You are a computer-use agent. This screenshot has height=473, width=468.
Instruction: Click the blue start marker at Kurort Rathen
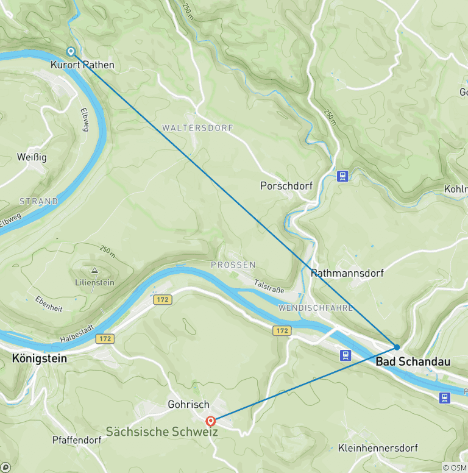click(x=71, y=52)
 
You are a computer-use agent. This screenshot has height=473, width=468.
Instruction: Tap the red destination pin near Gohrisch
click(x=211, y=421)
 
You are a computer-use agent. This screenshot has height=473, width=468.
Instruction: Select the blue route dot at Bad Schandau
click(x=397, y=347)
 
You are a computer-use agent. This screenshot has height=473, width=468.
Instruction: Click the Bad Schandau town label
click(x=413, y=362)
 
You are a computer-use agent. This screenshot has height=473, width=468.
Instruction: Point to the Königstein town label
click(x=40, y=358)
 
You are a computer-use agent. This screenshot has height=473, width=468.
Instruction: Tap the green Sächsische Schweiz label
click(x=162, y=432)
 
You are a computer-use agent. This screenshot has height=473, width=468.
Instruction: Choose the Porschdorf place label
click(x=286, y=185)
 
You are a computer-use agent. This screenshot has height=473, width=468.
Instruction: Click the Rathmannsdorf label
click(x=347, y=273)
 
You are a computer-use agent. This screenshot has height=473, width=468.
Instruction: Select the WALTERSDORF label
click(x=190, y=129)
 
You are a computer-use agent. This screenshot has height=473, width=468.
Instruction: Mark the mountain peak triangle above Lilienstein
click(x=94, y=270)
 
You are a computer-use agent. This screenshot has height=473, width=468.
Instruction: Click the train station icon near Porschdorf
click(x=343, y=176)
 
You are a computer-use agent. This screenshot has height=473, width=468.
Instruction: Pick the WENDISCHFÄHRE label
click(x=315, y=308)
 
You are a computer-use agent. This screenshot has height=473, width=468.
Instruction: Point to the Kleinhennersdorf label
click(x=378, y=448)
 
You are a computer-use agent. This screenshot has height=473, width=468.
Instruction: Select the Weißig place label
click(x=32, y=157)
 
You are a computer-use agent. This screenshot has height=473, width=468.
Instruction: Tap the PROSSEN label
click(x=233, y=265)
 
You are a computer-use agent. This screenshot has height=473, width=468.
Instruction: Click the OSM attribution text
click(x=455, y=468)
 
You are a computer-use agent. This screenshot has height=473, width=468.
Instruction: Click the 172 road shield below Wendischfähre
click(x=282, y=330)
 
